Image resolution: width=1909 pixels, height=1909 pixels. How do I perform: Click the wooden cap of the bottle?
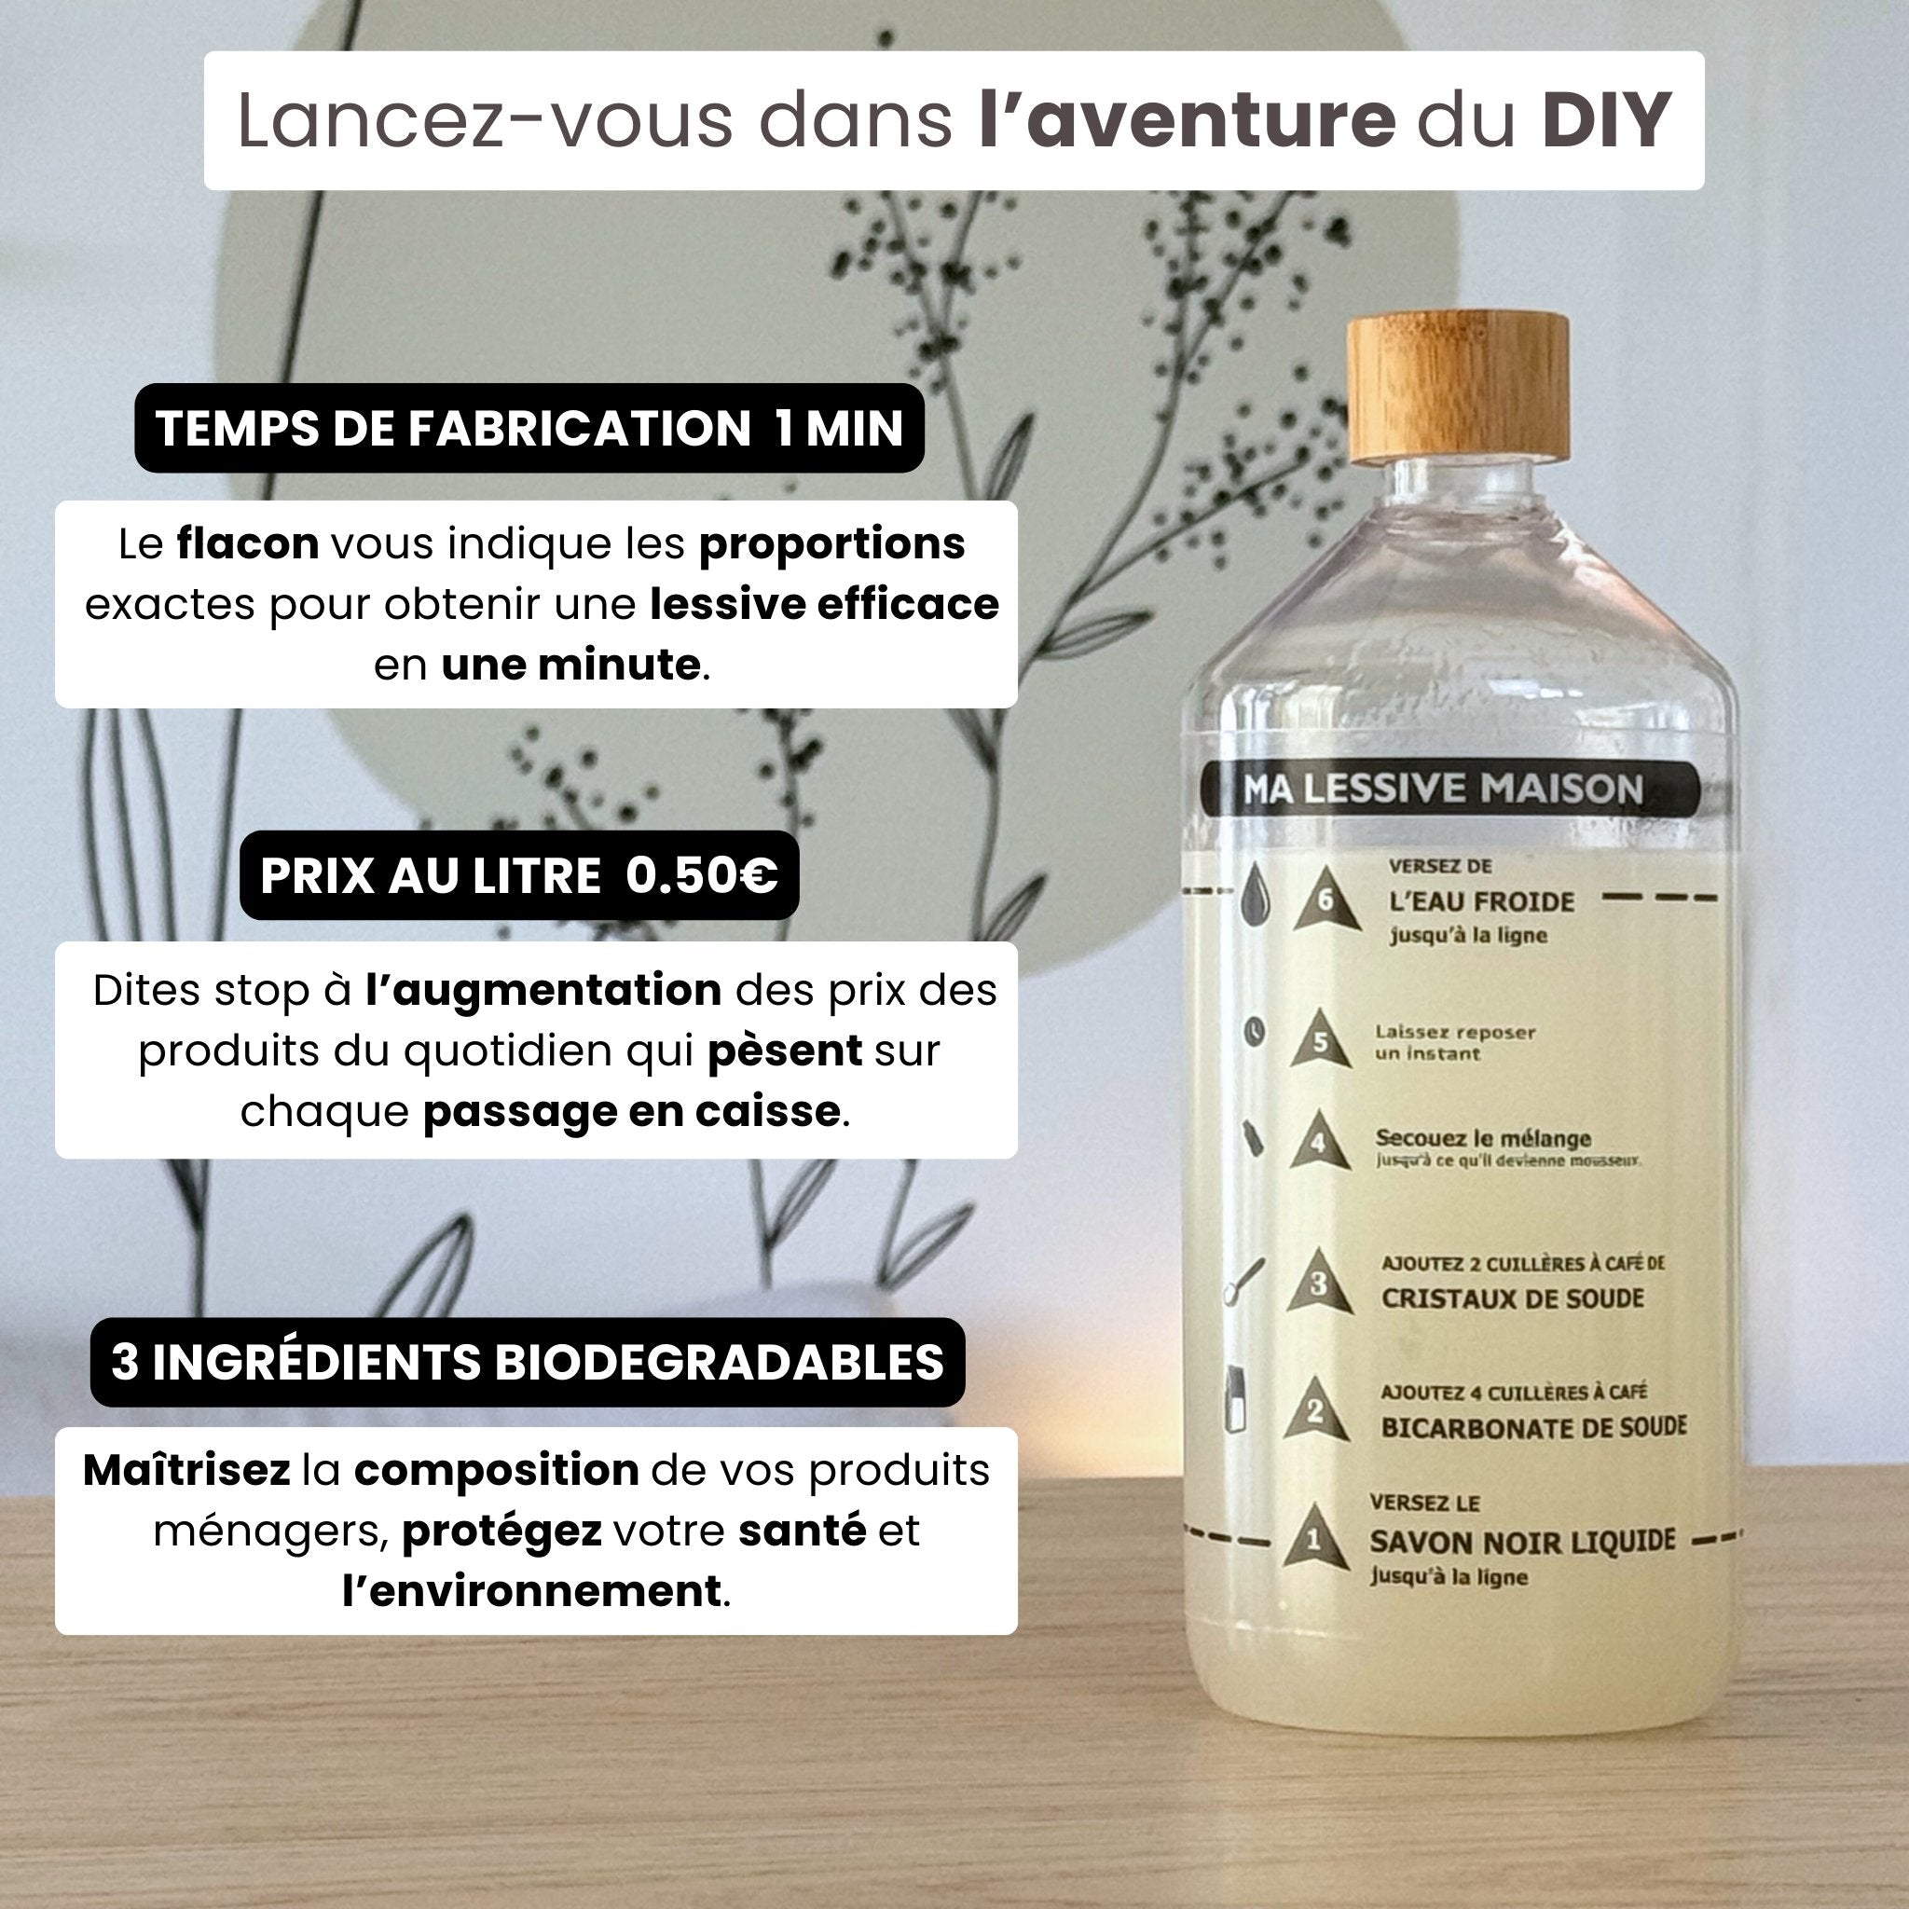tap(1459, 389)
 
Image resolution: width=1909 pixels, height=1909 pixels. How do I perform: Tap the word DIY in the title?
tap(1607, 120)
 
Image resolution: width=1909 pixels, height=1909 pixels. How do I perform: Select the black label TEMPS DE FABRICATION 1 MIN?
tap(529, 428)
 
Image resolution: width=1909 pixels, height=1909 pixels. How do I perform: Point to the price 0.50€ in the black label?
tap(702, 875)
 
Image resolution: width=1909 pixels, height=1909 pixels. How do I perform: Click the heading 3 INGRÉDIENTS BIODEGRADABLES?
tap(528, 1362)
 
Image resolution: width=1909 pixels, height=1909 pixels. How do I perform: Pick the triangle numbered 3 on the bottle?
tap(1319, 1284)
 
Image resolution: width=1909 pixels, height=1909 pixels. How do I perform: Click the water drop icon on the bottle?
tap(1255, 894)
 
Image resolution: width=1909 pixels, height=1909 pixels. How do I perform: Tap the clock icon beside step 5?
tap(1254, 1032)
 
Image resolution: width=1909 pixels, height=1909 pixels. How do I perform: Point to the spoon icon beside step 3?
tap(1243, 1281)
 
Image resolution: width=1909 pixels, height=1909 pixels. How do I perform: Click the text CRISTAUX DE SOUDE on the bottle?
tap(1512, 1298)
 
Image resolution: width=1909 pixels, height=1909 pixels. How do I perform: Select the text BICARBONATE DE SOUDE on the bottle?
tap(1533, 1428)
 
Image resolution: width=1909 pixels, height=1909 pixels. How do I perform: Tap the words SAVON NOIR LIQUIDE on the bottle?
tap(1521, 1542)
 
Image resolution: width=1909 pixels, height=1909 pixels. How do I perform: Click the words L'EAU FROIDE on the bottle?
tap(1481, 902)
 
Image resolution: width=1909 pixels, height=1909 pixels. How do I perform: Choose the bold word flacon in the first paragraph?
tap(247, 543)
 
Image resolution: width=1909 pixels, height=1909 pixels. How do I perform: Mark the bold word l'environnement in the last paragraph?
tap(531, 1591)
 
